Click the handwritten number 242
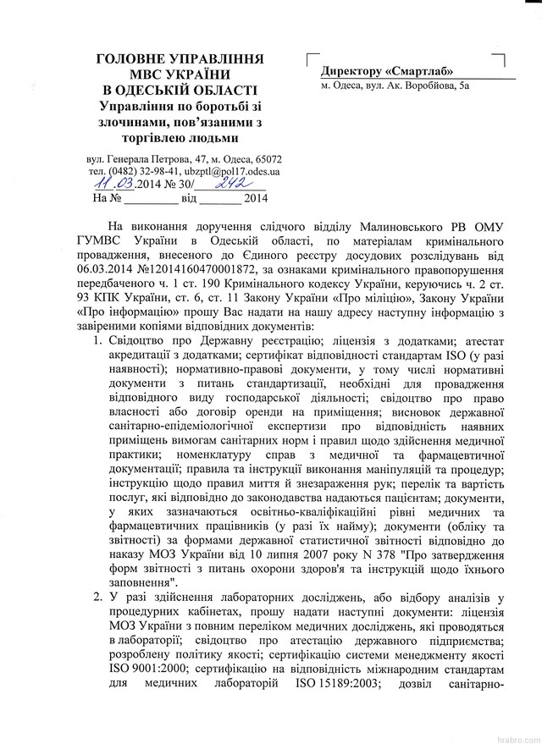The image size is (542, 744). tap(229, 183)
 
